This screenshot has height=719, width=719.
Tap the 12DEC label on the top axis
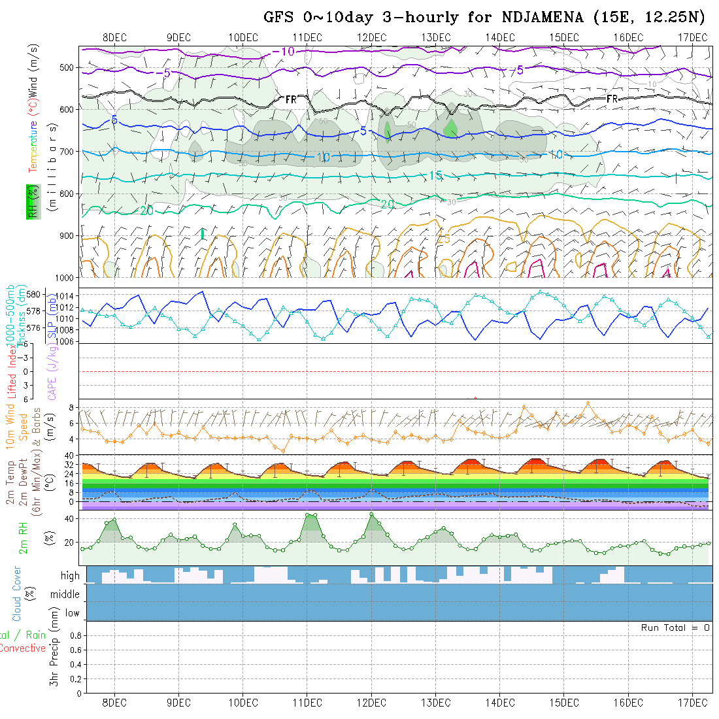pos(371,37)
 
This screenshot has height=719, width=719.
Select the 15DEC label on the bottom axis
pos(564,703)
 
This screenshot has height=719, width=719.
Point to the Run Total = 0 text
pos(675,627)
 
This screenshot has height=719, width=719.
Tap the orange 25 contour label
pos(444,239)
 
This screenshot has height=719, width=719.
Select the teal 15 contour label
pos(436,175)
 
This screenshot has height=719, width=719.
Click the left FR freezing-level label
pos(291,99)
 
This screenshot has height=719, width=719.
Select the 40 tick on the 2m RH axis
pos(67,518)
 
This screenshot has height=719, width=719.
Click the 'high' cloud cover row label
pos(70,576)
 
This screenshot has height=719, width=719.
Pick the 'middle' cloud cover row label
pos(65,595)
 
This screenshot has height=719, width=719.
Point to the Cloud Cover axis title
pos(17,594)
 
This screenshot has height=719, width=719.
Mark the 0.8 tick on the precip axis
pos(75,635)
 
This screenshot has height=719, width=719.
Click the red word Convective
pos(22,648)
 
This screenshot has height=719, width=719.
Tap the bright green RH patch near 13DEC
pos(450,127)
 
